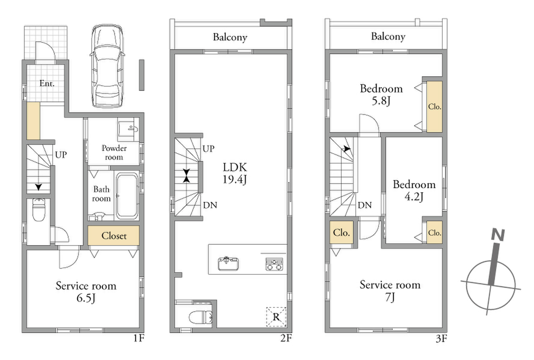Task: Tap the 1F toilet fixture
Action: pos(38,210)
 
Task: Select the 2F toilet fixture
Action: pos(200,317)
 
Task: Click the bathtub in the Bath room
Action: pos(127,196)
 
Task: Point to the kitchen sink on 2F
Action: pos(228,264)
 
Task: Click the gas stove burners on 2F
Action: pos(274,264)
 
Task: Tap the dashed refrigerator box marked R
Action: pos(276,317)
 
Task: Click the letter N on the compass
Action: pos(498,235)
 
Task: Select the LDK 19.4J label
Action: pos(235,174)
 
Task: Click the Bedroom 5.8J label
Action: pos(381,95)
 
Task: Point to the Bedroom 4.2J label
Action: pos(414,191)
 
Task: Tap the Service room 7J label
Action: pos(390,291)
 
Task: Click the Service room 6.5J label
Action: pos(86,292)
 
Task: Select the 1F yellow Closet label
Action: pos(114,236)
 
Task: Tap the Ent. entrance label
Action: pos(47,83)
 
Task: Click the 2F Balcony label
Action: pos(230,38)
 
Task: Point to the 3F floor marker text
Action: pos(441,339)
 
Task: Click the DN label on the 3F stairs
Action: pos(365,205)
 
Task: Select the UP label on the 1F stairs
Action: pos(61,155)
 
